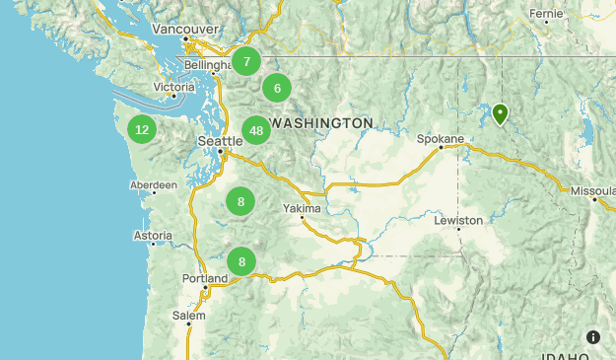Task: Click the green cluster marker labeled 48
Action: coord(256,130)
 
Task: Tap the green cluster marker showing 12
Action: coord(142,129)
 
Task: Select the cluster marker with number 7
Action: coord(246,60)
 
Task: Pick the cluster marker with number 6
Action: coord(277,88)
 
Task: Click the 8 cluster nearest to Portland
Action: coord(241,261)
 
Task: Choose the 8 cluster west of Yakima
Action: coord(240,201)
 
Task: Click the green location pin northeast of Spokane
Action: coord(501,114)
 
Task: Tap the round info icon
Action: coord(592,336)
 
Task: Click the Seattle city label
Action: coord(220,141)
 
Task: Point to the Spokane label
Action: coord(440,139)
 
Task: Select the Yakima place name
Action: coord(302,209)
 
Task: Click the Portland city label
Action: coord(205,279)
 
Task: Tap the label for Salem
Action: coord(189,316)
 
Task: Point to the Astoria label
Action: coord(153,236)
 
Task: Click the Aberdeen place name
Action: coord(155,184)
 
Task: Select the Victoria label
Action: coord(174,88)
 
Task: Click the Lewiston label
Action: coord(458,220)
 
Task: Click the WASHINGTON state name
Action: coord(321,122)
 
